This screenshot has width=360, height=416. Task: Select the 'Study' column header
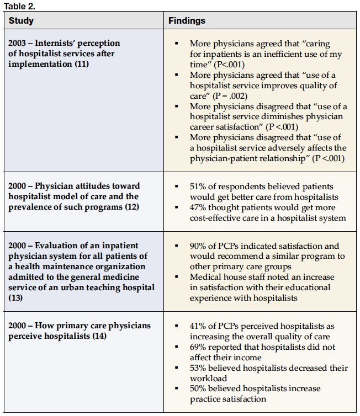click(x=21, y=21)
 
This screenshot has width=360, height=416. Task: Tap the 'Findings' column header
click(x=187, y=21)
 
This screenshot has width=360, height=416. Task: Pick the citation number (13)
click(x=14, y=298)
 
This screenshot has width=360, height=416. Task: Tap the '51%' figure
click(x=198, y=186)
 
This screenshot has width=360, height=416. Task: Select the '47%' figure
click(x=198, y=207)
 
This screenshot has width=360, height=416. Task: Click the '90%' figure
click(x=198, y=246)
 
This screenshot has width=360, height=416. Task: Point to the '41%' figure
click(x=198, y=327)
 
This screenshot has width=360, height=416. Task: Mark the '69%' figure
click(x=198, y=348)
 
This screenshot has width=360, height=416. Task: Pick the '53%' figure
click(x=198, y=368)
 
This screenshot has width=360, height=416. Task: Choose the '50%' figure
click(x=198, y=389)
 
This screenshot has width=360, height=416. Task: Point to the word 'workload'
click(x=208, y=378)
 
